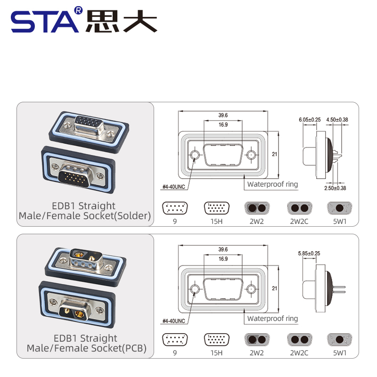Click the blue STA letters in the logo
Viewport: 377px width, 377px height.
(45, 21)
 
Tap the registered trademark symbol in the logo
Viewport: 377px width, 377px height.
(79, 10)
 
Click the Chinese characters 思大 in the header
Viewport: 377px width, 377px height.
(121, 21)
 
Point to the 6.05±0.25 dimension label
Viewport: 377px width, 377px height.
(310, 120)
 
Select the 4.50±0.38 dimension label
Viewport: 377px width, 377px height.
(337, 120)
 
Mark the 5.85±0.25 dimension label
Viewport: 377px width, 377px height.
(309, 254)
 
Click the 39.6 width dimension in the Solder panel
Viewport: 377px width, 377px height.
(223, 115)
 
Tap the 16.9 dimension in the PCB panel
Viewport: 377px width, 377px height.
(223, 259)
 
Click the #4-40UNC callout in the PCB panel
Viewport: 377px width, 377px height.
(173, 321)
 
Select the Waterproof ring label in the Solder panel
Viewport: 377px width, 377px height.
(272, 184)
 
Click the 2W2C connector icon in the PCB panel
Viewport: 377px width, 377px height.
(299, 340)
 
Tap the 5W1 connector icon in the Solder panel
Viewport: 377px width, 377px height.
(338, 208)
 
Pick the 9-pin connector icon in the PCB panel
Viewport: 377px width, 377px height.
(174, 340)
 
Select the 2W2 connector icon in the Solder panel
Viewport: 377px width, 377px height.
(256, 208)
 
